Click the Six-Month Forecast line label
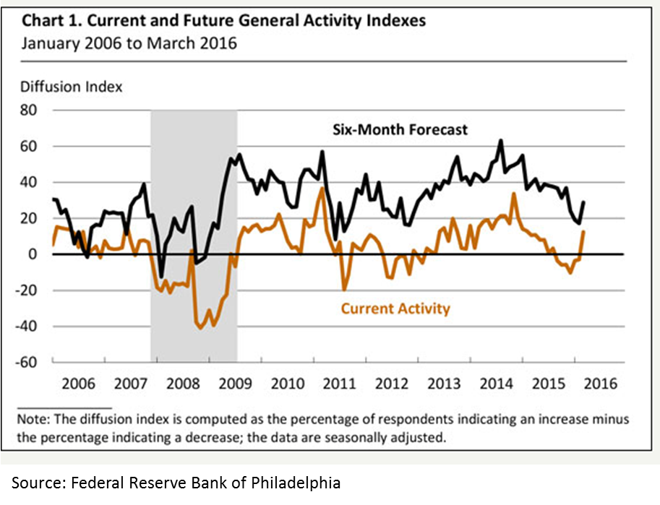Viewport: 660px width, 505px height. coord(400,130)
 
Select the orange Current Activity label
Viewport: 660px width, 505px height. coord(395,309)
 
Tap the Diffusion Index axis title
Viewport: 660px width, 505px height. coord(71,87)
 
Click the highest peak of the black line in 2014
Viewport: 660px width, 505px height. coord(501,141)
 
